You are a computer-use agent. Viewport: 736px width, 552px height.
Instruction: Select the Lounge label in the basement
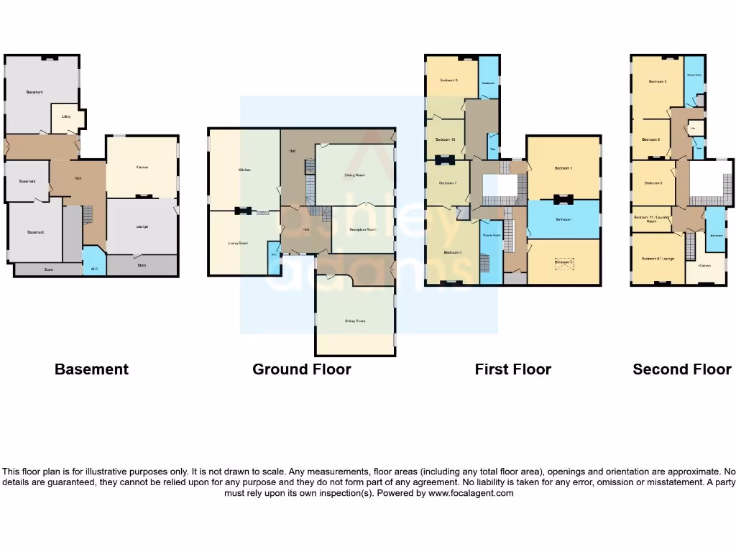click(x=142, y=226)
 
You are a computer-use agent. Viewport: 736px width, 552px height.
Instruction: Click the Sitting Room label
click(x=355, y=321)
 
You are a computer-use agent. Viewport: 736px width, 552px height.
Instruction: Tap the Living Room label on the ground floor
click(x=238, y=244)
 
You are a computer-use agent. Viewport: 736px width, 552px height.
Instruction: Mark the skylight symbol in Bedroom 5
click(x=564, y=262)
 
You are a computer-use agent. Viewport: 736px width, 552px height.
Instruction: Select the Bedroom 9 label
click(x=650, y=139)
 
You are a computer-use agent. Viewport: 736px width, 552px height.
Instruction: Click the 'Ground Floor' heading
click(x=301, y=369)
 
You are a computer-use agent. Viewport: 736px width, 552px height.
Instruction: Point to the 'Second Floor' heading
click(x=681, y=369)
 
